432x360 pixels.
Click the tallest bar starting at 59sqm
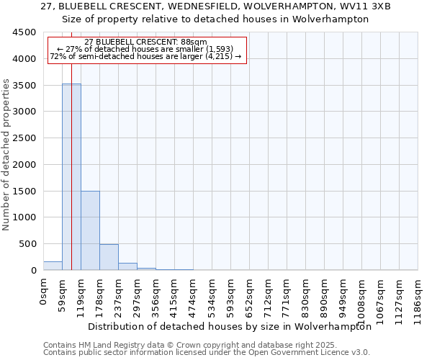pyautogui.click(x=71, y=176)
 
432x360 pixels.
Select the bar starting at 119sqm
pyautogui.click(x=90, y=230)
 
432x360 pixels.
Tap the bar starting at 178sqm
pyautogui.click(x=109, y=257)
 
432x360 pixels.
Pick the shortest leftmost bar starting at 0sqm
pyautogui.click(x=53, y=266)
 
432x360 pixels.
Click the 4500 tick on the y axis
pyautogui.click(x=23, y=32)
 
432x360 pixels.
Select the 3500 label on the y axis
pyautogui.click(x=23, y=85)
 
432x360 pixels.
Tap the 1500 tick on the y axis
pyautogui.click(x=23, y=191)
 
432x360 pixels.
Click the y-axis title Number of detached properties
pyautogui.click(x=7, y=155)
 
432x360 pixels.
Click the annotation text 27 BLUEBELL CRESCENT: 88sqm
pyautogui.click(x=145, y=42)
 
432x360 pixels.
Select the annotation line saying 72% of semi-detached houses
pyautogui.click(x=145, y=56)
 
